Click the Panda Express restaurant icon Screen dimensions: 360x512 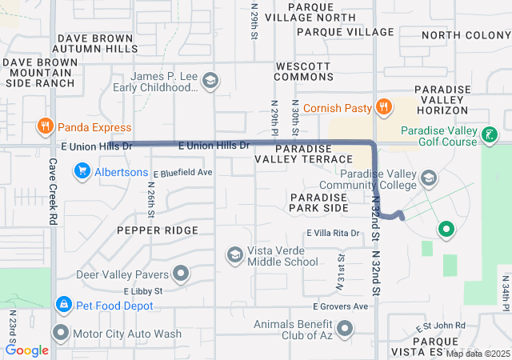(45, 126)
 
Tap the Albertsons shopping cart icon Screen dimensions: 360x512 (82, 170)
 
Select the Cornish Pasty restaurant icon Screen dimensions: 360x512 (384, 107)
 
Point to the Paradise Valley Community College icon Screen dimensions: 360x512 (429, 178)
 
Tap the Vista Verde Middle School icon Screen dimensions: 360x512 (234, 254)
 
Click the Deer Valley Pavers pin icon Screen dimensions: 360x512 (181, 274)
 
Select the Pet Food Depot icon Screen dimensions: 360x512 (62, 305)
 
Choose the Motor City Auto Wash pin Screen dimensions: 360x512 (61, 332)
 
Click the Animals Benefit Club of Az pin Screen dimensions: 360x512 (345, 328)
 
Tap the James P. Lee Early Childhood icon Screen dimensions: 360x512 (210, 81)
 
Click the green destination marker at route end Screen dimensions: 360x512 (446, 230)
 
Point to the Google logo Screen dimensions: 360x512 (26, 350)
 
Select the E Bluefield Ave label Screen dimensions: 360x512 (182, 172)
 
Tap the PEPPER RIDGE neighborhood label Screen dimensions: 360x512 (157, 230)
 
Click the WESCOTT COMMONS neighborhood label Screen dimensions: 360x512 (303, 71)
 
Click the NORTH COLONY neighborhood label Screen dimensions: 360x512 (465, 35)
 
